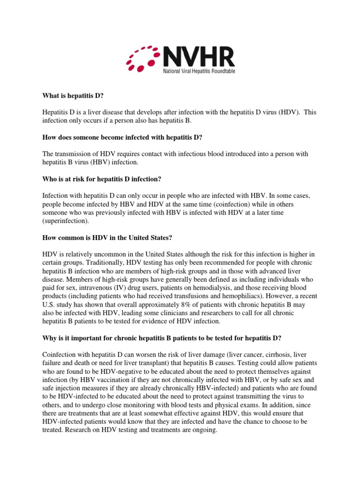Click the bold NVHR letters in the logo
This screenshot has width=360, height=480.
pos(198,57)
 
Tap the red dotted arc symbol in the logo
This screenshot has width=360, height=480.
pos(142,59)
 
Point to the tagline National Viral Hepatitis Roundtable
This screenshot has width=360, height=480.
pos(199,71)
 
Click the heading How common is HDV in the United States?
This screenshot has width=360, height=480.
pos(105,238)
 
